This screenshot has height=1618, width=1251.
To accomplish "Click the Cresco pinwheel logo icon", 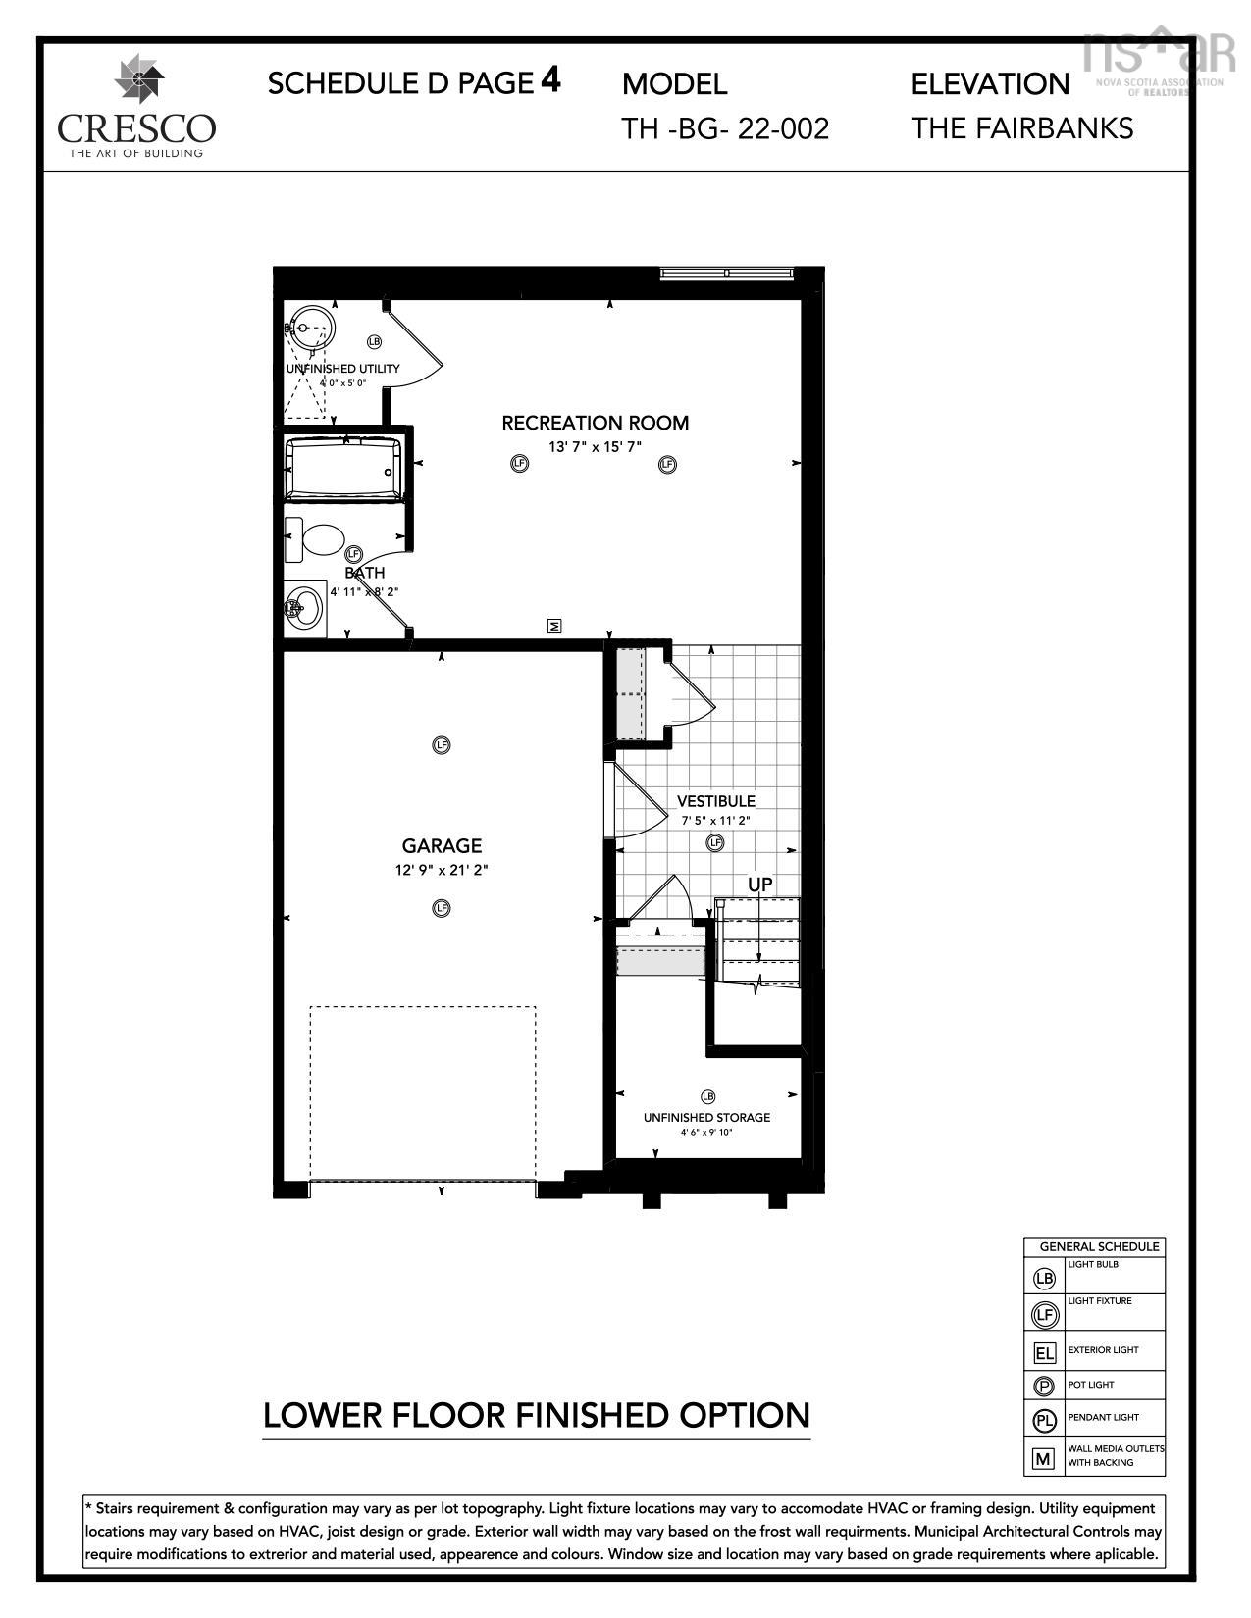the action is point(138,76).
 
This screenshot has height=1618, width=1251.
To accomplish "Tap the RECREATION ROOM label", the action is point(595,423).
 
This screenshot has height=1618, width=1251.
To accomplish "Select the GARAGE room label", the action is point(442,846).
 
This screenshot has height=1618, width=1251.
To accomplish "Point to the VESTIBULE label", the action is point(716,801).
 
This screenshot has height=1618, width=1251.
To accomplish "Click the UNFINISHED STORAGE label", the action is point(706,1117).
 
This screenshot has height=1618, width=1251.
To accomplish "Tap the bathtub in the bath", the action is point(343,469).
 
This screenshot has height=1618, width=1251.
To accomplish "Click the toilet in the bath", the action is point(314,540).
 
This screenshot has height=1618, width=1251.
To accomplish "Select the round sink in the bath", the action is point(304,608).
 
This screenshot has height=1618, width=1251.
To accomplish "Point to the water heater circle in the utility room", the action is point(312,328).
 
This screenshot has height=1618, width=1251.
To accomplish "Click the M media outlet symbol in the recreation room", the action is point(553,626).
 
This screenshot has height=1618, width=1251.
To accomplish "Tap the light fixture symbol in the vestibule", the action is point(715,843).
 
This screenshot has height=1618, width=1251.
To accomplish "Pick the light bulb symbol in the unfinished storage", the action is point(707,1096).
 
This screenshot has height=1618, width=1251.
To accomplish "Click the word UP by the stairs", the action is point(760,885).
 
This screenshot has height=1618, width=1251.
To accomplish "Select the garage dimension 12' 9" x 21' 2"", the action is point(442,870).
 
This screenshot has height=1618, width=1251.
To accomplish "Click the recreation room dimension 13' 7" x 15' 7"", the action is point(595,447).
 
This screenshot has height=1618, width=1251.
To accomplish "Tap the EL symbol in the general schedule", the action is point(1044,1352).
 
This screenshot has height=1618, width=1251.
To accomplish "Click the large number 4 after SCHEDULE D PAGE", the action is point(550,80).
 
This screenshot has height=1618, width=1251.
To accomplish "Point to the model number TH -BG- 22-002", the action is point(725,129).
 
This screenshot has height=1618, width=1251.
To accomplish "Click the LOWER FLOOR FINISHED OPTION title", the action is point(537,1415).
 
